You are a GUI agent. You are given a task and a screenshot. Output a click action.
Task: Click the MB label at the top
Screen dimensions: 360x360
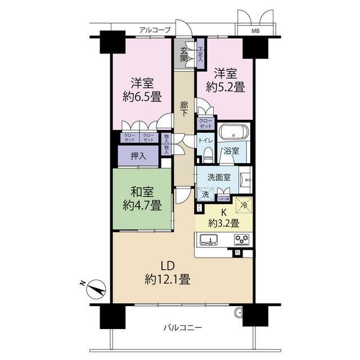point(255,31)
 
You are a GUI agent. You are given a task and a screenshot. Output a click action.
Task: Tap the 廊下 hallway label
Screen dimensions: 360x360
point(184,109)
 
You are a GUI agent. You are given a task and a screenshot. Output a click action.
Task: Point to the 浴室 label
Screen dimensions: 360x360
point(231,151)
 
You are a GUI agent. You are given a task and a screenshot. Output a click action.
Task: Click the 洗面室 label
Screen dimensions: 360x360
point(218,177)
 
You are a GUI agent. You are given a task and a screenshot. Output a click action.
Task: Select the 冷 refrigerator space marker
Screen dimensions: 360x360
point(243,205)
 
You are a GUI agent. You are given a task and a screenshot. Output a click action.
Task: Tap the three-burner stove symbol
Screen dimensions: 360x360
point(242,240)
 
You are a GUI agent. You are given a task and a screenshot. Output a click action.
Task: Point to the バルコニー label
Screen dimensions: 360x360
point(182,327)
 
